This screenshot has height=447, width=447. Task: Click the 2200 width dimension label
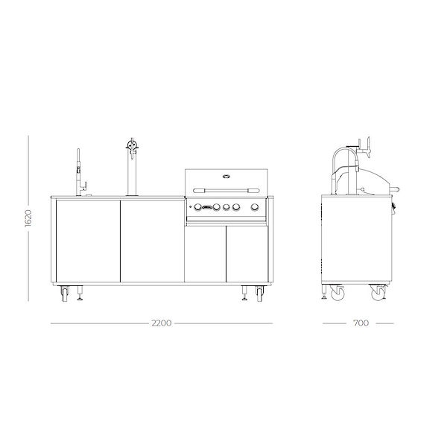pyautogui.click(x=162, y=323)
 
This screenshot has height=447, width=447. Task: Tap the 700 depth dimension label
pyautogui.click(x=360, y=323)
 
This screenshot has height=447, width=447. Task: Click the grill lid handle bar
pyautogui.click(x=225, y=188)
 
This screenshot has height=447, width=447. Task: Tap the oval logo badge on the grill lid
pyautogui.click(x=225, y=177)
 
